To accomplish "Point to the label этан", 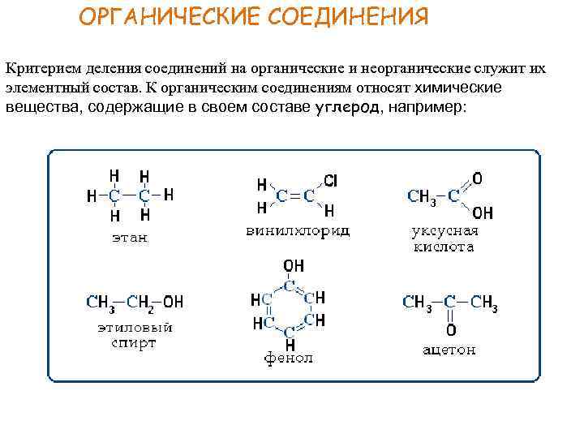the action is pos(130,238).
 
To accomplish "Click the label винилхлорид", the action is pos(298,231).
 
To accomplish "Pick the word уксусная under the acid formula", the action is pos(444,231).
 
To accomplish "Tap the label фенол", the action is pos(289,358).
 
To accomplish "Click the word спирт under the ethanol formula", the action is pos(135,342).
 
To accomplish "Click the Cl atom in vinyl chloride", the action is pos(331,179).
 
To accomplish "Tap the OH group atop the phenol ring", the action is pos(294,267).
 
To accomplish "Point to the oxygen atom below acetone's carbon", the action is pos(450,330).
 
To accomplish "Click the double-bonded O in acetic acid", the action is pos(478,177).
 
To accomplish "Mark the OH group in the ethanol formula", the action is pos(173,302).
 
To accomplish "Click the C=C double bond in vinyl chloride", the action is pos(297,195).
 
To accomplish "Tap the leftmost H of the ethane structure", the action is pos(91,195).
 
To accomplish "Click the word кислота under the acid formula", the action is pos(444,247).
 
